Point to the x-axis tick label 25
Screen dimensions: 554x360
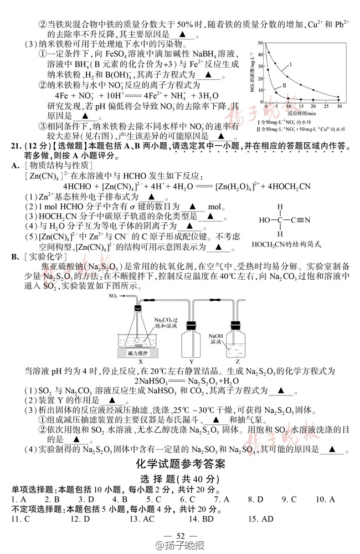point(326,105)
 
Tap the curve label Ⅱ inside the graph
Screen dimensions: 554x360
point(284,86)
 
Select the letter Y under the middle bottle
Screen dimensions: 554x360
point(192,362)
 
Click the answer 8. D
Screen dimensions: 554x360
point(255,499)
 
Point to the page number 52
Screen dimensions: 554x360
point(179,535)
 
